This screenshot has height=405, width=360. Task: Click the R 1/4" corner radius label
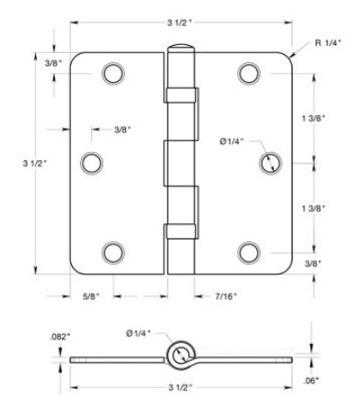click(x=328, y=43)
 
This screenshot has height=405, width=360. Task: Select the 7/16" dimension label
click(x=226, y=296)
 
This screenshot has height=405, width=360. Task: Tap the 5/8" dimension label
click(x=91, y=296)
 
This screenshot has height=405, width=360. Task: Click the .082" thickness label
click(x=59, y=337)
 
